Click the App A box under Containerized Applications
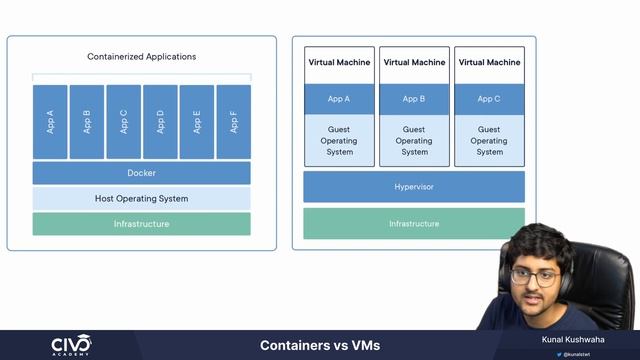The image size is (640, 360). [x=50, y=122]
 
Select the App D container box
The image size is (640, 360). [x=160, y=122]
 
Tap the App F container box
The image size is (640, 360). [x=233, y=122]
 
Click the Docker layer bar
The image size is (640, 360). [x=141, y=173]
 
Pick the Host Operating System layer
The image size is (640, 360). [x=141, y=198]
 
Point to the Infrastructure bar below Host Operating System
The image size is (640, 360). [x=141, y=224]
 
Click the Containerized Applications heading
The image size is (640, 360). [x=141, y=57]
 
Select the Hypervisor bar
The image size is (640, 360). [x=413, y=187]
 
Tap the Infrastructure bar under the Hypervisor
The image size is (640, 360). [x=413, y=223]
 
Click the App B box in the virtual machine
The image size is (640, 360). [x=414, y=99]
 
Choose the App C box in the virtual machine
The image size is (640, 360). [x=489, y=99]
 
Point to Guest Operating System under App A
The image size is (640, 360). [x=339, y=140]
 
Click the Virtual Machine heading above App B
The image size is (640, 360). [x=414, y=62]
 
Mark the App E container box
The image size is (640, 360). [x=197, y=122]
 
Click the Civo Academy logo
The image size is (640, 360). [x=71, y=345]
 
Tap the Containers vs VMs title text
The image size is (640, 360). [x=319, y=346]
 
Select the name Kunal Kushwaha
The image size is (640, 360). [x=576, y=341]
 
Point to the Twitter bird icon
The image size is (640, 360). [x=559, y=354]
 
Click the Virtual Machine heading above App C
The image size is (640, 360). [x=489, y=62]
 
